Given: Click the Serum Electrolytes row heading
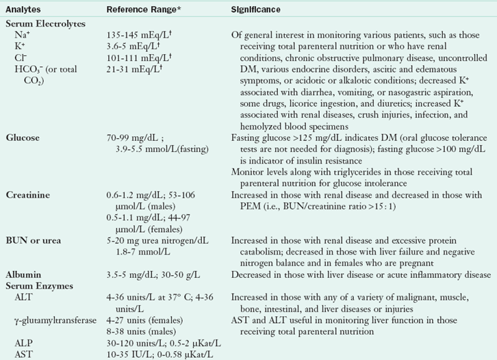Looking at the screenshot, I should pos(45,23).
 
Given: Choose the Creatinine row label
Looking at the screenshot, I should pos(27,195).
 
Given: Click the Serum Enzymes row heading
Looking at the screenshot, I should pos(38,284).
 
